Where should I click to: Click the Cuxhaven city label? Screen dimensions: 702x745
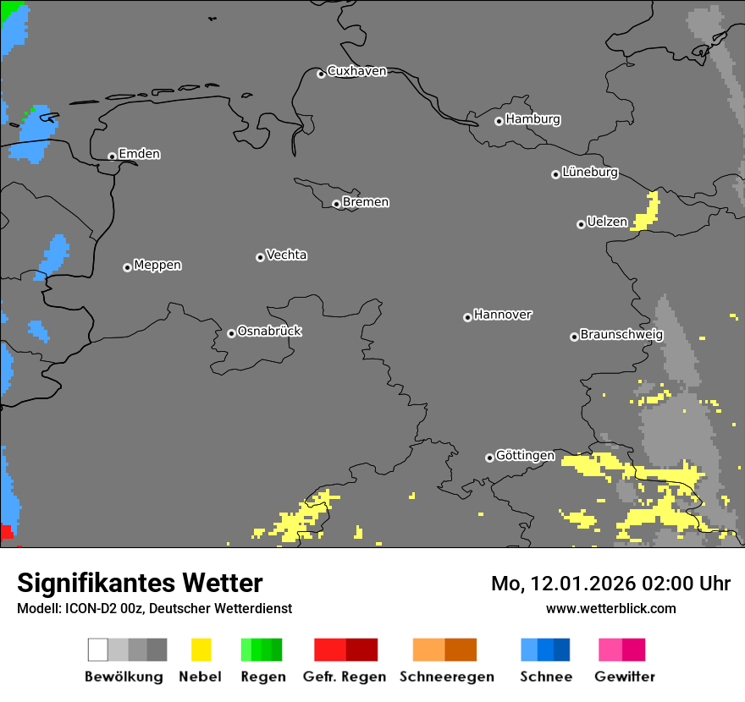click(x=356, y=72)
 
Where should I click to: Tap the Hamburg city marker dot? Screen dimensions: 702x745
click(x=499, y=121)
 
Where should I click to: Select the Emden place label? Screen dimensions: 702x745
click(x=139, y=154)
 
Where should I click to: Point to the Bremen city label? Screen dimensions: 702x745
click(x=366, y=203)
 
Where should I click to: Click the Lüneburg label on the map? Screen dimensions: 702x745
click(x=590, y=173)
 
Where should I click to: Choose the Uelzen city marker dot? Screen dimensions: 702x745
click(x=581, y=224)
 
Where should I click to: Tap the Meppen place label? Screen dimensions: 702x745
click(x=157, y=266)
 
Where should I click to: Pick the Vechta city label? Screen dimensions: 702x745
click(x=286, y=255)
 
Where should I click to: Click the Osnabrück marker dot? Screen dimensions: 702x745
click(x=231, y=333)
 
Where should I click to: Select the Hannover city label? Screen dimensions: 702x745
click(x=503, y=315)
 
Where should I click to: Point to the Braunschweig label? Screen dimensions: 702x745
click(x=621, y=335)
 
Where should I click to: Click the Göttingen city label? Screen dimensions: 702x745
click(x=525, y=456)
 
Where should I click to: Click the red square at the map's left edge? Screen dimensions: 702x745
click(x=6, y=532)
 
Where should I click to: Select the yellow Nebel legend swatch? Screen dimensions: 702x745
click(x=201, y=650)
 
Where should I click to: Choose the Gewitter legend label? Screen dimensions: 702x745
click(x=625, y=677)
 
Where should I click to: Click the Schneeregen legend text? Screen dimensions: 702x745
click(x=447, y=677)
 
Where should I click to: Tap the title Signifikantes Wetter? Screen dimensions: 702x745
click(x=140, y=583)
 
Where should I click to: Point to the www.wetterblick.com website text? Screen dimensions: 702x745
click(x=610, y=608)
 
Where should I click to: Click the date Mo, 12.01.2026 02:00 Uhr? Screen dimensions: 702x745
click(x=610, y=584)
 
